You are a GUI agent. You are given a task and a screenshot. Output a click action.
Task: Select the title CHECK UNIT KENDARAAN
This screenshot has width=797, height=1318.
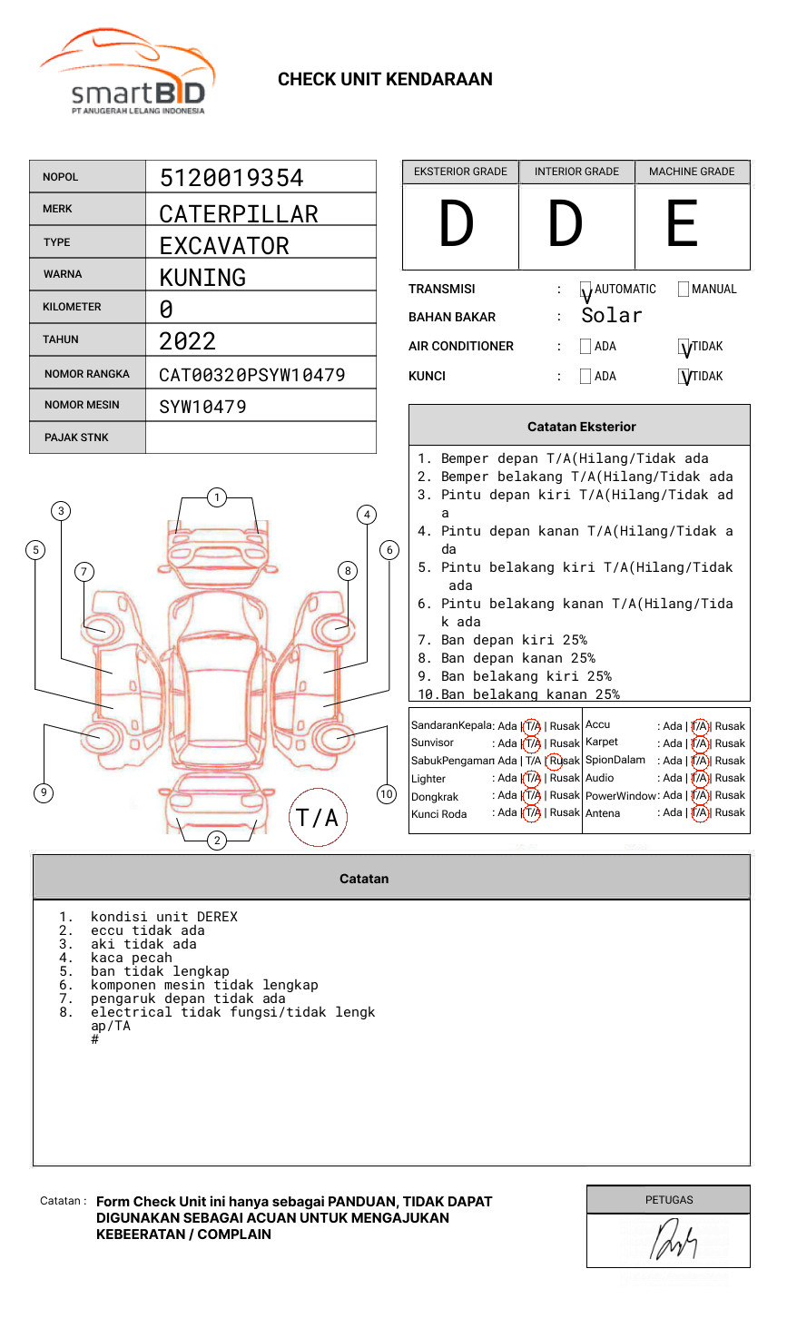385,80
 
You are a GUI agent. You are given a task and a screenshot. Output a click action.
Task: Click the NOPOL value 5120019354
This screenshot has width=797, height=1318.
231,178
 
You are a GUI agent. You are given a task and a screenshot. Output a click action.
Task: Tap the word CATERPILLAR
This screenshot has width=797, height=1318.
239,214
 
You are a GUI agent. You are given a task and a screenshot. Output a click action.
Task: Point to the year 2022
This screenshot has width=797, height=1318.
187,341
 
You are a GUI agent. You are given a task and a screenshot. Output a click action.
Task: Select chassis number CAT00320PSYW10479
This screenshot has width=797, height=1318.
251,375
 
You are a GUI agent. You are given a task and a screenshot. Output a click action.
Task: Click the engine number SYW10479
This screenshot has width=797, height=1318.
202,407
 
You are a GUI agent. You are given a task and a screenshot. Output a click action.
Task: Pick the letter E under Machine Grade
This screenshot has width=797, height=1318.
682,224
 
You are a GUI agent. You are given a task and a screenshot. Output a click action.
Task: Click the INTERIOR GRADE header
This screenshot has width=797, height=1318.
576,172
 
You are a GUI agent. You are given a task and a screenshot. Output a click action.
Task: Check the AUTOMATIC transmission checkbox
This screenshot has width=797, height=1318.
585,290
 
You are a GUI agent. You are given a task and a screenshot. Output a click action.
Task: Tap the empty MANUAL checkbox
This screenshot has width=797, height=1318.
683,290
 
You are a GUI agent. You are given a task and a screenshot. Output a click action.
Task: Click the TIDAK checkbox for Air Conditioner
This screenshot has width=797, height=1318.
684,347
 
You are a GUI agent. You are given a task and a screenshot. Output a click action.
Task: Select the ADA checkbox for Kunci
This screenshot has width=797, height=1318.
585,377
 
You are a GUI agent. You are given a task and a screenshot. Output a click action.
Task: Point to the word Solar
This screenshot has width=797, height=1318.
611,316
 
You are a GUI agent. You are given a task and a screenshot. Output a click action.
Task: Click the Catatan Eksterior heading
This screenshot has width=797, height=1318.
581,427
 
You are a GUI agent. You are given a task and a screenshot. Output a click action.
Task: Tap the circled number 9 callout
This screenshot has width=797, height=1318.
44,792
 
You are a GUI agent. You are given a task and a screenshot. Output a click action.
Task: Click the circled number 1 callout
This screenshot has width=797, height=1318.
216,497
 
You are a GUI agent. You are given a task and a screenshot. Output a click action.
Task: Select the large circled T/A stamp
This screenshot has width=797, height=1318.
317,817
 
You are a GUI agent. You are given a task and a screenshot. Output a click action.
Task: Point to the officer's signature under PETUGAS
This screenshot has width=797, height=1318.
673,1240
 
